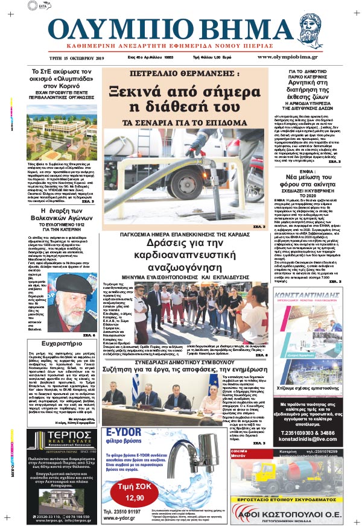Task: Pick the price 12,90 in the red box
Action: click(x=138, y=497)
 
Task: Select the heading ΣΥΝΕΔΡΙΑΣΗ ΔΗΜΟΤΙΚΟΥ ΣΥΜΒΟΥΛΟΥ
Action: click(x=185, y=353)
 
